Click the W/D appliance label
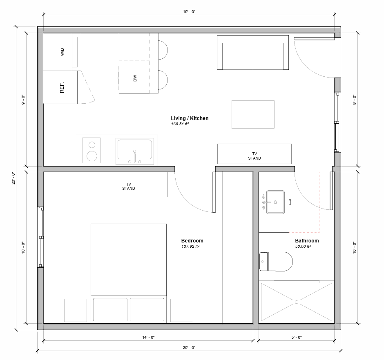tap(63, 52)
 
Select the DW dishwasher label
tap(135, 78)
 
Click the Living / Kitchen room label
tap(190, 118)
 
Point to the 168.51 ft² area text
tap(180, 124)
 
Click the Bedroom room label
tap(192, 241)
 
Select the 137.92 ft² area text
tap(190, 247)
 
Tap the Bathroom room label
tap(307, 241)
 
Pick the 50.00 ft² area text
tap(303, 247)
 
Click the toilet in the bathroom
tap(277, 262)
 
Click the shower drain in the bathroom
tap(297, 302)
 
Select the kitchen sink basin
tap(135, 149)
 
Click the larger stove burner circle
tap(92, 156)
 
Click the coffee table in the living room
tap(253, 114)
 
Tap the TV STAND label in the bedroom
tap(129, 186)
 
